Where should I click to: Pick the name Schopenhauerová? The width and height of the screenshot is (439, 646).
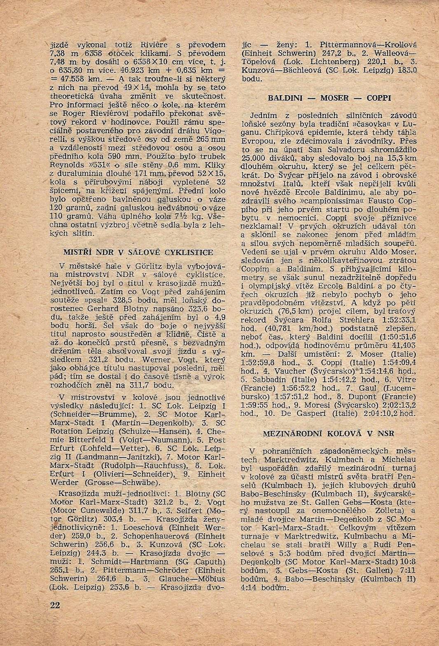click(145, 536)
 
